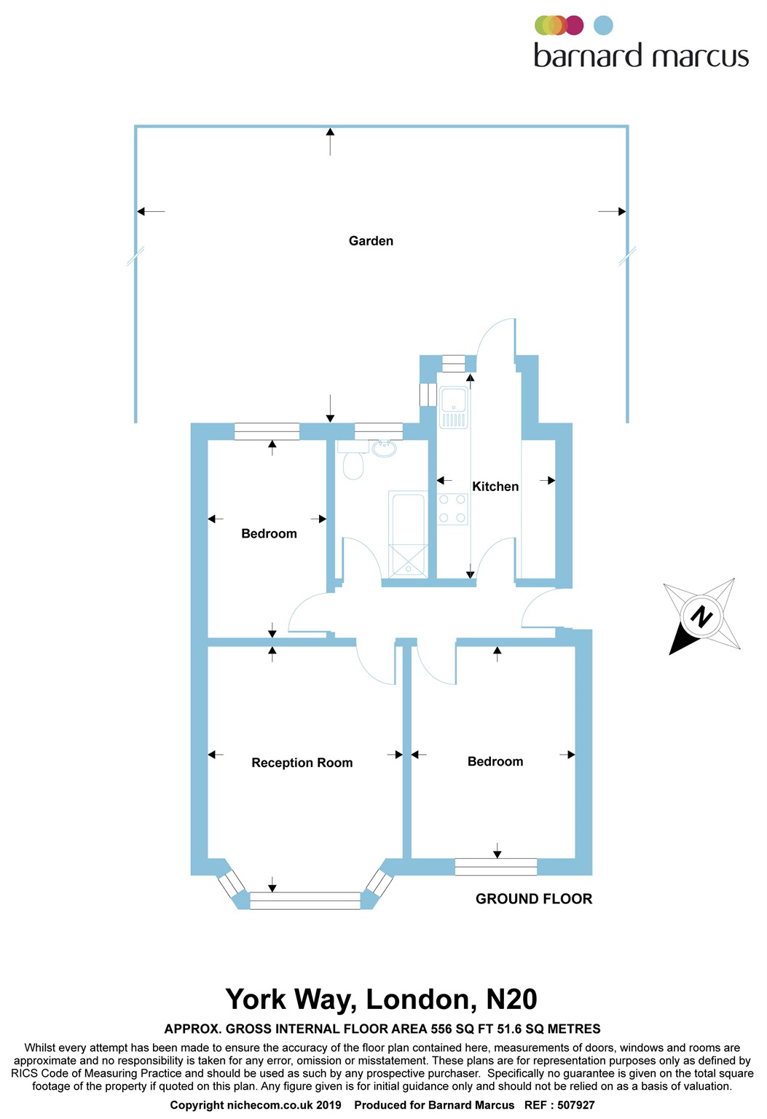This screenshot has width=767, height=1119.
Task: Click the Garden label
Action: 371,241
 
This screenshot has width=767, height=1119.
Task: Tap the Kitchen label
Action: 495,487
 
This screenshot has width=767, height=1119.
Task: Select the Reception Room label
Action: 302,763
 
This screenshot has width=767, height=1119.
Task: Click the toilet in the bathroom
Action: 353,463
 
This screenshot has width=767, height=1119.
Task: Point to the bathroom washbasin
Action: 384,448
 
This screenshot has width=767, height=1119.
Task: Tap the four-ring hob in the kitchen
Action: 452,509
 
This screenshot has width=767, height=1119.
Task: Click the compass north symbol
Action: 701,616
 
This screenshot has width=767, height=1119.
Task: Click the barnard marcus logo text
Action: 641,56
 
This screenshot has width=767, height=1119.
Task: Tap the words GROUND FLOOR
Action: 534,899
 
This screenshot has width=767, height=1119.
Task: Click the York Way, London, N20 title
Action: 382,1000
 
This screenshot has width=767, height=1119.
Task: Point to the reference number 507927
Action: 576,1105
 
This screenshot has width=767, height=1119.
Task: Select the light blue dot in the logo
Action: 603,25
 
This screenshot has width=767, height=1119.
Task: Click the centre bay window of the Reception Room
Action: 305,901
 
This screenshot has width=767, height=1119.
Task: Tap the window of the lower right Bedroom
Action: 496,867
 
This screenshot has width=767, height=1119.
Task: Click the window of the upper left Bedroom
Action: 267,431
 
